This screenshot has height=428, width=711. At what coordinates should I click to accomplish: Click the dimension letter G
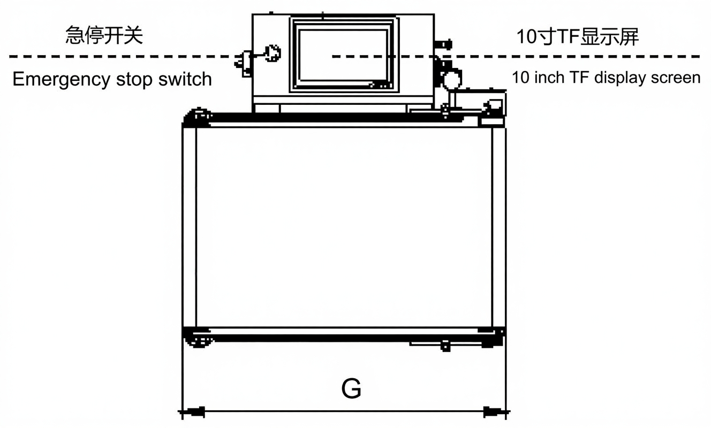pos(351,389)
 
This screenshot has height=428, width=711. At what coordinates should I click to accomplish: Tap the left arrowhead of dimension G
pos(194,412)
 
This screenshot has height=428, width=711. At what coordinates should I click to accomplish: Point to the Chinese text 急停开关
pos(104,36)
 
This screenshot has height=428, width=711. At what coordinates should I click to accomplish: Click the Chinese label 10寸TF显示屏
pos(577,37)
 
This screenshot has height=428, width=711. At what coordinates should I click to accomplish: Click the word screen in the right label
pos(675,78)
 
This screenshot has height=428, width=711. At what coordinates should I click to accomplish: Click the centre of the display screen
pos(343,55)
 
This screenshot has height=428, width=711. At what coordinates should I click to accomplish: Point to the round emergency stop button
pos(273,52)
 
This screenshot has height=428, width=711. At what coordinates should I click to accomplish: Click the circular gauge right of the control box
pos(451,79)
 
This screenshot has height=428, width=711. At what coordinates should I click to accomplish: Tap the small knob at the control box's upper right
pos(444,43)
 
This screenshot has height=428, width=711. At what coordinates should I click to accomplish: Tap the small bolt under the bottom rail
pos(445,346)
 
